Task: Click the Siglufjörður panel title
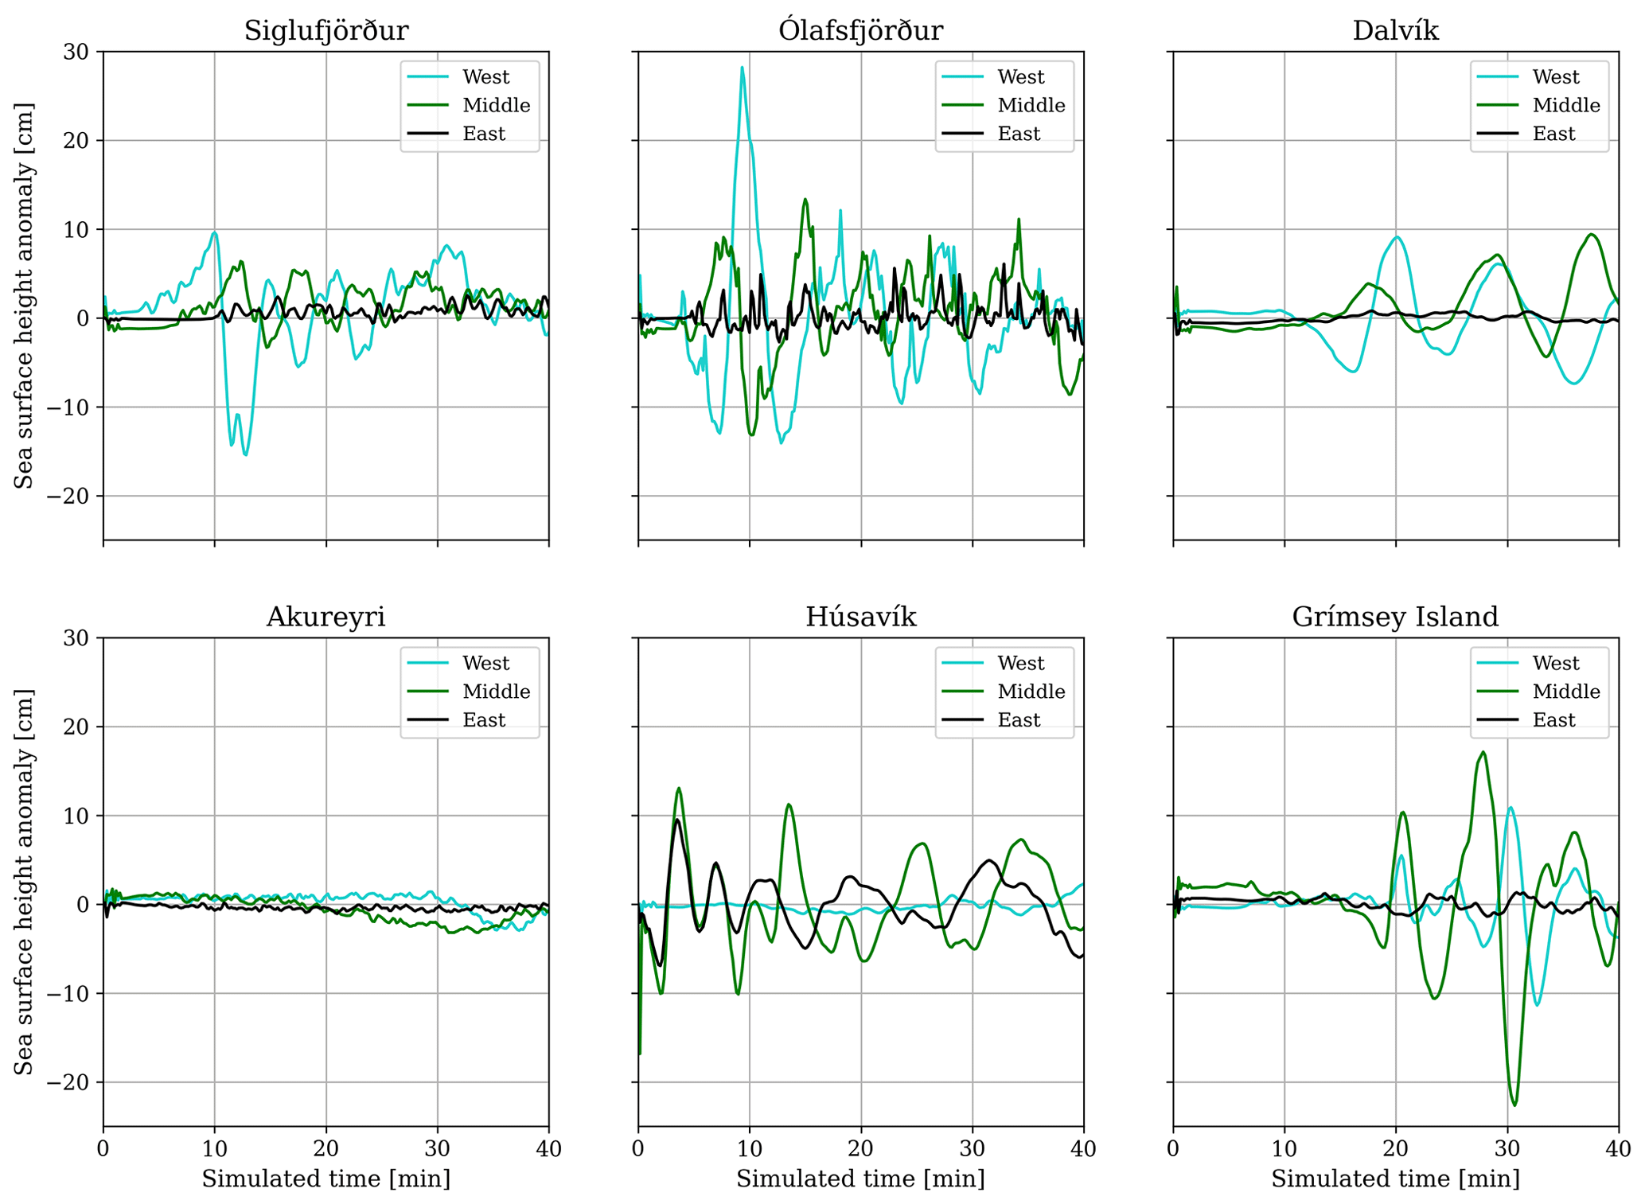click(325, 30)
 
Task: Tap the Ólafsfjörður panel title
click(860, 30)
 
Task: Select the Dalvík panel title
click(1395, 30)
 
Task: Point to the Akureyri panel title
click(325, 617)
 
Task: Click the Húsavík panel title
click(860, 617)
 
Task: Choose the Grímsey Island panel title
click(1395, 617)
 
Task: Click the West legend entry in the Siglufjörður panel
click(485, 77)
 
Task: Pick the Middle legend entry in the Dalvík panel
click(1565, 105)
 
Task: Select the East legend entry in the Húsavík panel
click(1019, 720)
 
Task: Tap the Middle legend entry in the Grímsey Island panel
click(1565, 692)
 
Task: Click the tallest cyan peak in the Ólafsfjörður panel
click(742, 68)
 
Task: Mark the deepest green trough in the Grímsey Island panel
click(1514, 1105)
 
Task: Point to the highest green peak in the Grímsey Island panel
click(1483, 752)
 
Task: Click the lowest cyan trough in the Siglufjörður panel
click(246, 454)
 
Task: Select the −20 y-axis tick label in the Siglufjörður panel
click(76, 497)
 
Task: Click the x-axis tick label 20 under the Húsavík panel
click(860, 1148)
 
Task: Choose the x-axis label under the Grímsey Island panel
click(1395, 1179)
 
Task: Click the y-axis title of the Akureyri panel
click(24, 882)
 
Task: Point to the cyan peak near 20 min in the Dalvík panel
click(1397, 237)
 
